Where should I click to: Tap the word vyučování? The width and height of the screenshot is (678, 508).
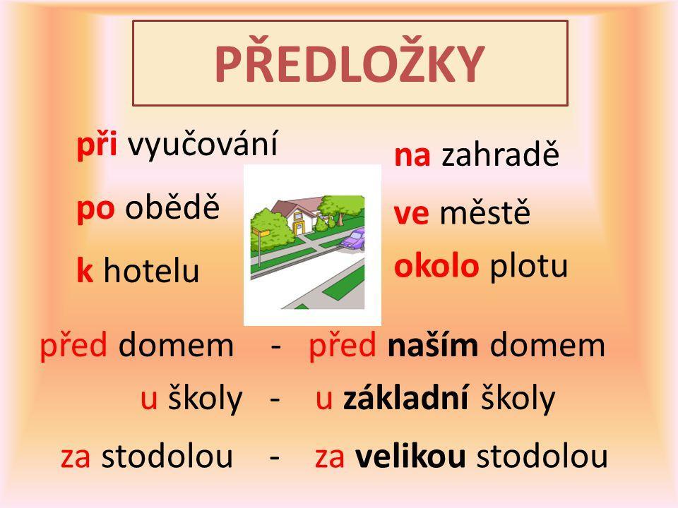click(203, 144)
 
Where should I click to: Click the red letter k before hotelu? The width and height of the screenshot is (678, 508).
click(85, 270)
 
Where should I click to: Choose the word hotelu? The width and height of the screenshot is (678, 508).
click(151, 270)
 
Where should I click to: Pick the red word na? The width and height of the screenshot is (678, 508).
click(412, 155)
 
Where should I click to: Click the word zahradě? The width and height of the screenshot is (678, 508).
click(500, 153)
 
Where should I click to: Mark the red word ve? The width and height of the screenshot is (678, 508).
click(411, 214)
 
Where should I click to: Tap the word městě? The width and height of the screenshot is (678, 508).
click(484, 211)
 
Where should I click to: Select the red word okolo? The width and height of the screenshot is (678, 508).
click(436, 265)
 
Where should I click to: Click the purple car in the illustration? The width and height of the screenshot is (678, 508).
click(353, 239)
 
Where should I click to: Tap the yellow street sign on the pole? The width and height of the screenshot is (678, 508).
click(261, 232)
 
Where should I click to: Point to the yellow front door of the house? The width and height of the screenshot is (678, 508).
click(298, 228)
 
